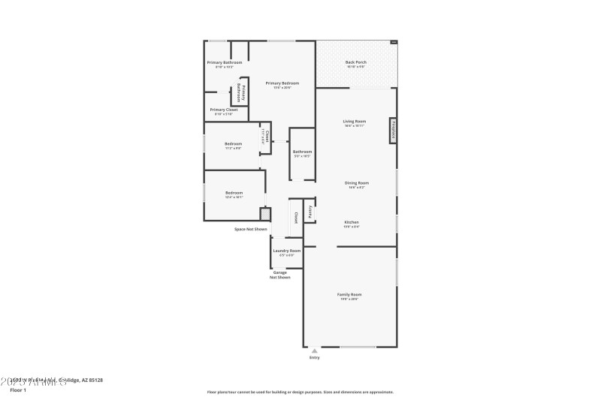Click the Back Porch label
(355, 62)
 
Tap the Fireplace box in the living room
(393, 130)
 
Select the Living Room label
(355, 122)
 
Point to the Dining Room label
(354, 183)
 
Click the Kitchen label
(352, 222)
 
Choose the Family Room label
(349, 295)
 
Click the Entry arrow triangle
(314, 350)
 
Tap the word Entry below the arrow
(314, 357)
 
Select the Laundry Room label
(287, 251)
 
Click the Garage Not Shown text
(280, 275)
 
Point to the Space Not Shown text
(250, 229)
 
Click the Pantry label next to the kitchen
(309, 211)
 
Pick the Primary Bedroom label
(282, 83)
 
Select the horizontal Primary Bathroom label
(225, 62)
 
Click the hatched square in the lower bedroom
(264, 213)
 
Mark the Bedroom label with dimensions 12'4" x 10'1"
(234, 193)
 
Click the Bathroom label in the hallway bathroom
(302, 152)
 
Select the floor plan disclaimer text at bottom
(300, 392)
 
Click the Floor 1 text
(17, 390)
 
